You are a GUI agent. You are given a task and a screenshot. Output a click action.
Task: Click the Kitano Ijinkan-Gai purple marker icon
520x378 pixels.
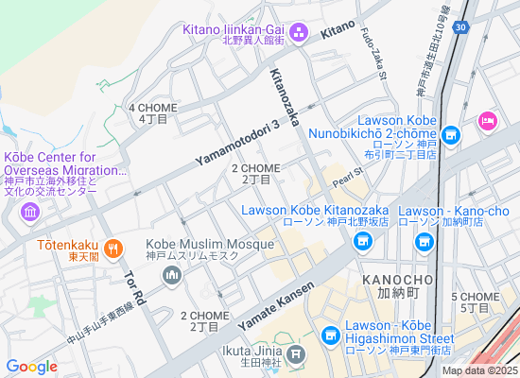(297, 34)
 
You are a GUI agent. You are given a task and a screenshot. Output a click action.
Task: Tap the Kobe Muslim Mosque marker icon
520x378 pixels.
(171, 275)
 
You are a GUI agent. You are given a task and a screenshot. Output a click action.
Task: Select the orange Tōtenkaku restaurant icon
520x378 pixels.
(113, 249)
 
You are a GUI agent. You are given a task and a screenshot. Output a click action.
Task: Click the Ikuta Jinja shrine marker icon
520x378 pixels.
(296, 355)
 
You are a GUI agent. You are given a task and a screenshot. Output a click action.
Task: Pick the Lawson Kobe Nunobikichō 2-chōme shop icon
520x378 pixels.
(451, 136)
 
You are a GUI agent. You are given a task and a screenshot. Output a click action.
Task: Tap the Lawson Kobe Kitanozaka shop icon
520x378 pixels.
(361, 243)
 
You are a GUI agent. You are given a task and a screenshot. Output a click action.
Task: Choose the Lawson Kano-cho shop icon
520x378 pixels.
(423, 243)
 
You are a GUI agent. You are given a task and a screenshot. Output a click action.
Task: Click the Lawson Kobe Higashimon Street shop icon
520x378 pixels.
(330, 335)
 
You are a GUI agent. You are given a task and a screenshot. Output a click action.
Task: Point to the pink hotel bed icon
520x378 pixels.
(488, 120)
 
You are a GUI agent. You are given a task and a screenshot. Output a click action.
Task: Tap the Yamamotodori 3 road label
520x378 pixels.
(238, 144)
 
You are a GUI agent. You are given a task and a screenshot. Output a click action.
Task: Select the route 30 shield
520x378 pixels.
(459, 29)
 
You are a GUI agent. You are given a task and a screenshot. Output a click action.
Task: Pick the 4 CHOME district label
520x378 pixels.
(153, 113)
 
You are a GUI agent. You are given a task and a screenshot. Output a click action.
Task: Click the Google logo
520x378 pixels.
(32, 366)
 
